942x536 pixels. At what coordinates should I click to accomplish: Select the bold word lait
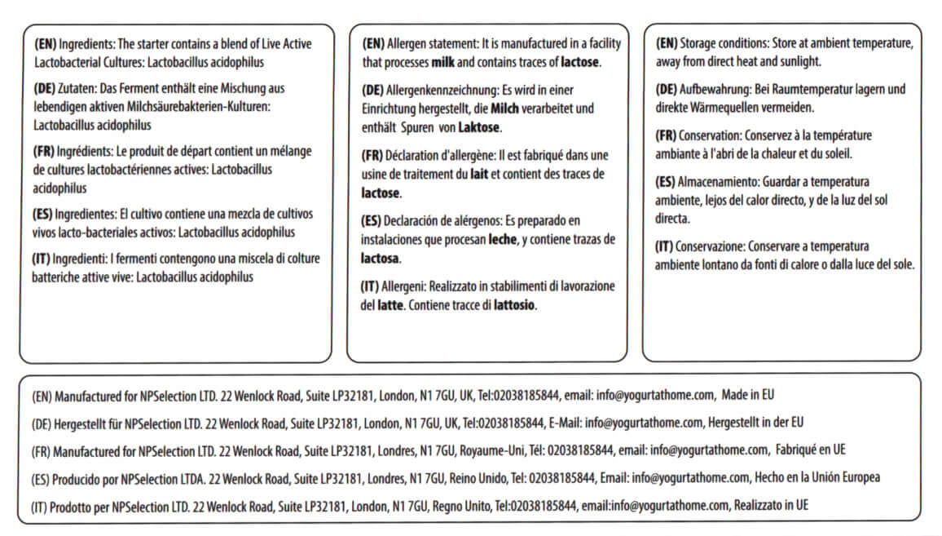coord(481,174)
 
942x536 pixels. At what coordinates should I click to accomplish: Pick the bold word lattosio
coord(516,307)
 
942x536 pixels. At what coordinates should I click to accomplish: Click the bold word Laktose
coord(479,128)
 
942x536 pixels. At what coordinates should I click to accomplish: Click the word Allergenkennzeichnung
coord(438,89)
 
